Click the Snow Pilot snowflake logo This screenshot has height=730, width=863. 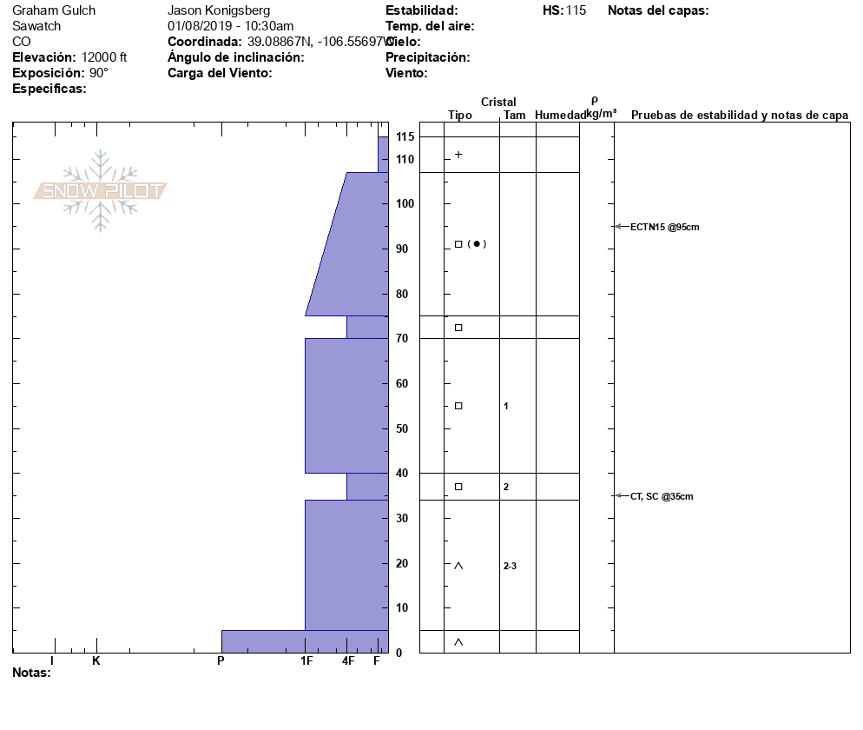[x=100, y=190]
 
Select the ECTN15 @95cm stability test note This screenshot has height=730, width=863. [x=664, y=227]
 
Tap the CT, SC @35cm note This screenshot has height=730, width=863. [x=662, y=496]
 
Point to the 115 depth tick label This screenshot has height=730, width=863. [x=405, y=136]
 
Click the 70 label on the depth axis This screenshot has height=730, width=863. [x=402, y=338]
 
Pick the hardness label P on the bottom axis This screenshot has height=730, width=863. [x=221, y=660]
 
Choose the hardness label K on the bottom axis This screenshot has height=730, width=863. [x=96, y=660]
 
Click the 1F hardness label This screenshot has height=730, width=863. [x=306, y=660]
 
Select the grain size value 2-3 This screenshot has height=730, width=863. [x=510, y=566]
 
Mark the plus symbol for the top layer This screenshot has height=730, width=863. [x=458, y=155]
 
